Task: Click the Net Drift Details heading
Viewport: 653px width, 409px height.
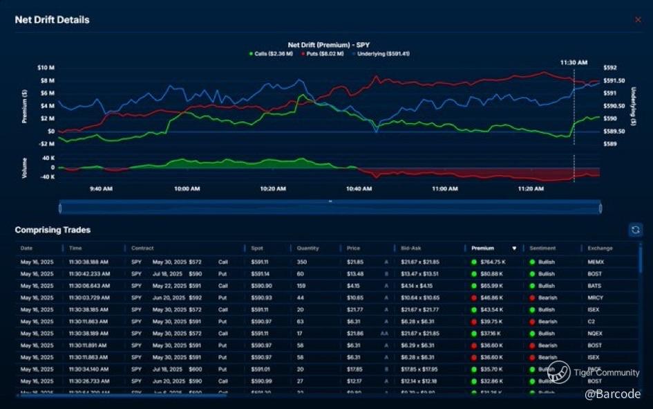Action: point(52,20)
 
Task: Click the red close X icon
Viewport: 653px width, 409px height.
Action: point(638,20)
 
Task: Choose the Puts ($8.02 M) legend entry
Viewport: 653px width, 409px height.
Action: point(324,53)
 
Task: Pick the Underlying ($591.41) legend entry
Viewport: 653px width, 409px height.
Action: point(382,53)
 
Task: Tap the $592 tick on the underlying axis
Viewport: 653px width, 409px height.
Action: point(609,68)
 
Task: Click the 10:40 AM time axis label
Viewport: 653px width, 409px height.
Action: point(359,188)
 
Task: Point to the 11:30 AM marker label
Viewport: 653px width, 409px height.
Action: point(574,62)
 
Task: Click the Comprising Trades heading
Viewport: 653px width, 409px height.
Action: point(53,230)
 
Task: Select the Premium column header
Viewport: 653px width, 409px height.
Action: point(483,248)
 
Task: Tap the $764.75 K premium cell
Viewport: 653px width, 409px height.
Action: point(492,262)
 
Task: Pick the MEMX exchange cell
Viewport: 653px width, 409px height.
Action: point(596,262)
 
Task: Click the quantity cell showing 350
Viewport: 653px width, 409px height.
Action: point(302,262)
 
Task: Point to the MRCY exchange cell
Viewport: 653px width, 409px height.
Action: point(596,298)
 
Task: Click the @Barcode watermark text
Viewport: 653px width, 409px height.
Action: point(612,394)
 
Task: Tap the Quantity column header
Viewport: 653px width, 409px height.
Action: point(307,248)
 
